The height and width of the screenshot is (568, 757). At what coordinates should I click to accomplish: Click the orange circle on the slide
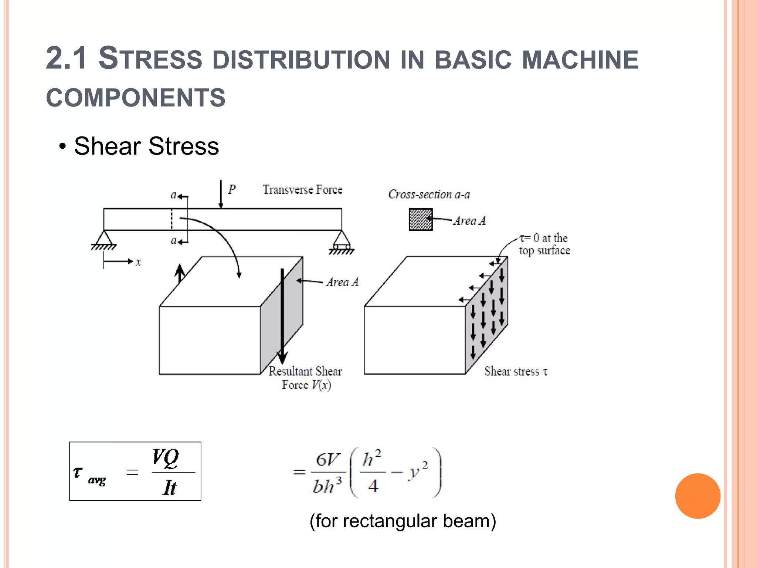[697, 496]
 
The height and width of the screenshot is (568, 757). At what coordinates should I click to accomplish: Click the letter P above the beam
[232, 189]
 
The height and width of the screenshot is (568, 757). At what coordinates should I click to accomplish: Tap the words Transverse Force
[302, 190]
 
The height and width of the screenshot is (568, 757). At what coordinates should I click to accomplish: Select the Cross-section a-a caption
[429, 195]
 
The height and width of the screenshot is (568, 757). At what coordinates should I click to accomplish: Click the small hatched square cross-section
[420, 220]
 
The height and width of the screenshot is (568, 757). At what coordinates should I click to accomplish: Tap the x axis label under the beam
[138, 262]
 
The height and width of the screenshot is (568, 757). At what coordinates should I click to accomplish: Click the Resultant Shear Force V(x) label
[305, 378]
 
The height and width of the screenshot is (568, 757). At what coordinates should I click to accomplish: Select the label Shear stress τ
[516, 371]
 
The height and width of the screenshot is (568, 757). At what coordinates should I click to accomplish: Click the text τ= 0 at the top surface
[544, 244]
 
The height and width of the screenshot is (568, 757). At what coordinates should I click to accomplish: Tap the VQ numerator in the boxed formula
[166, 458]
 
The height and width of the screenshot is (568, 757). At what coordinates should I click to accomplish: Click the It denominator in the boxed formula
[170, 487]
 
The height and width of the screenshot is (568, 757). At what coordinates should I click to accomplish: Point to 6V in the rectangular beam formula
[327, 460]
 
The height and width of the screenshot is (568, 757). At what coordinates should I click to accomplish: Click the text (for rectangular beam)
[403, 521]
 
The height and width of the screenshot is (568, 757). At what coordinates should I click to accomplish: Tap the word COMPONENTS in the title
[136, 98]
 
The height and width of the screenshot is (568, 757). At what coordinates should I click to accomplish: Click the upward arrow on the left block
[180, 274]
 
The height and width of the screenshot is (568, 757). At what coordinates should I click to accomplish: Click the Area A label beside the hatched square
[469, 221]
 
